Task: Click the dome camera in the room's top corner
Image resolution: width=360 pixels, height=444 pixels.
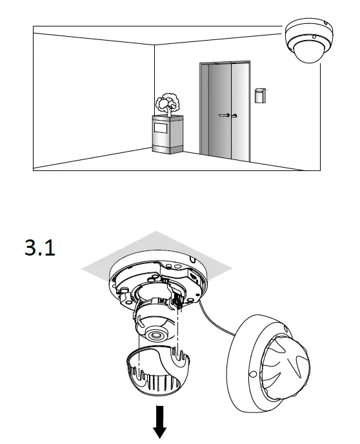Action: point(308,39)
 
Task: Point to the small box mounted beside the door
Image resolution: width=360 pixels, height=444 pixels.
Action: point(259,95)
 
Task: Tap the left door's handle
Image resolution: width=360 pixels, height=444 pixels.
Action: point(223,115)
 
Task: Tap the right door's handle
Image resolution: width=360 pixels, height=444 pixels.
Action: point(234,115)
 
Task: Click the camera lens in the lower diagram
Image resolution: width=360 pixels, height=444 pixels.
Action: point(155,335)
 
